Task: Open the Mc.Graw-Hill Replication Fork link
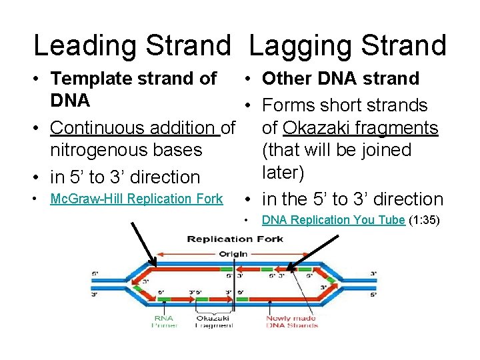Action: point(137,199)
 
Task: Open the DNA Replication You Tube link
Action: point(333,220)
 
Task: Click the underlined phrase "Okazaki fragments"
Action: point(360,127)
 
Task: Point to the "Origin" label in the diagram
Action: point(231,253)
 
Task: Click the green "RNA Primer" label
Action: point(163,321)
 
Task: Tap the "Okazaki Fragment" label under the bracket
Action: point(213,321)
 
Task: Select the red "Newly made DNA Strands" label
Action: point(291,321)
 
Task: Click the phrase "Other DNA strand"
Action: point(340,79)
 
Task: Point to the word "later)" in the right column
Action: point(287,173)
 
